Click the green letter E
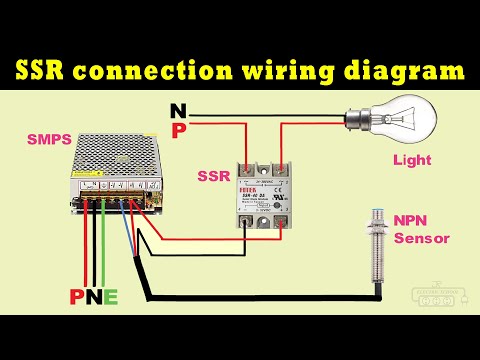110,297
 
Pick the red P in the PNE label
76,297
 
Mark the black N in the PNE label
93,297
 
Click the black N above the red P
178,110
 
